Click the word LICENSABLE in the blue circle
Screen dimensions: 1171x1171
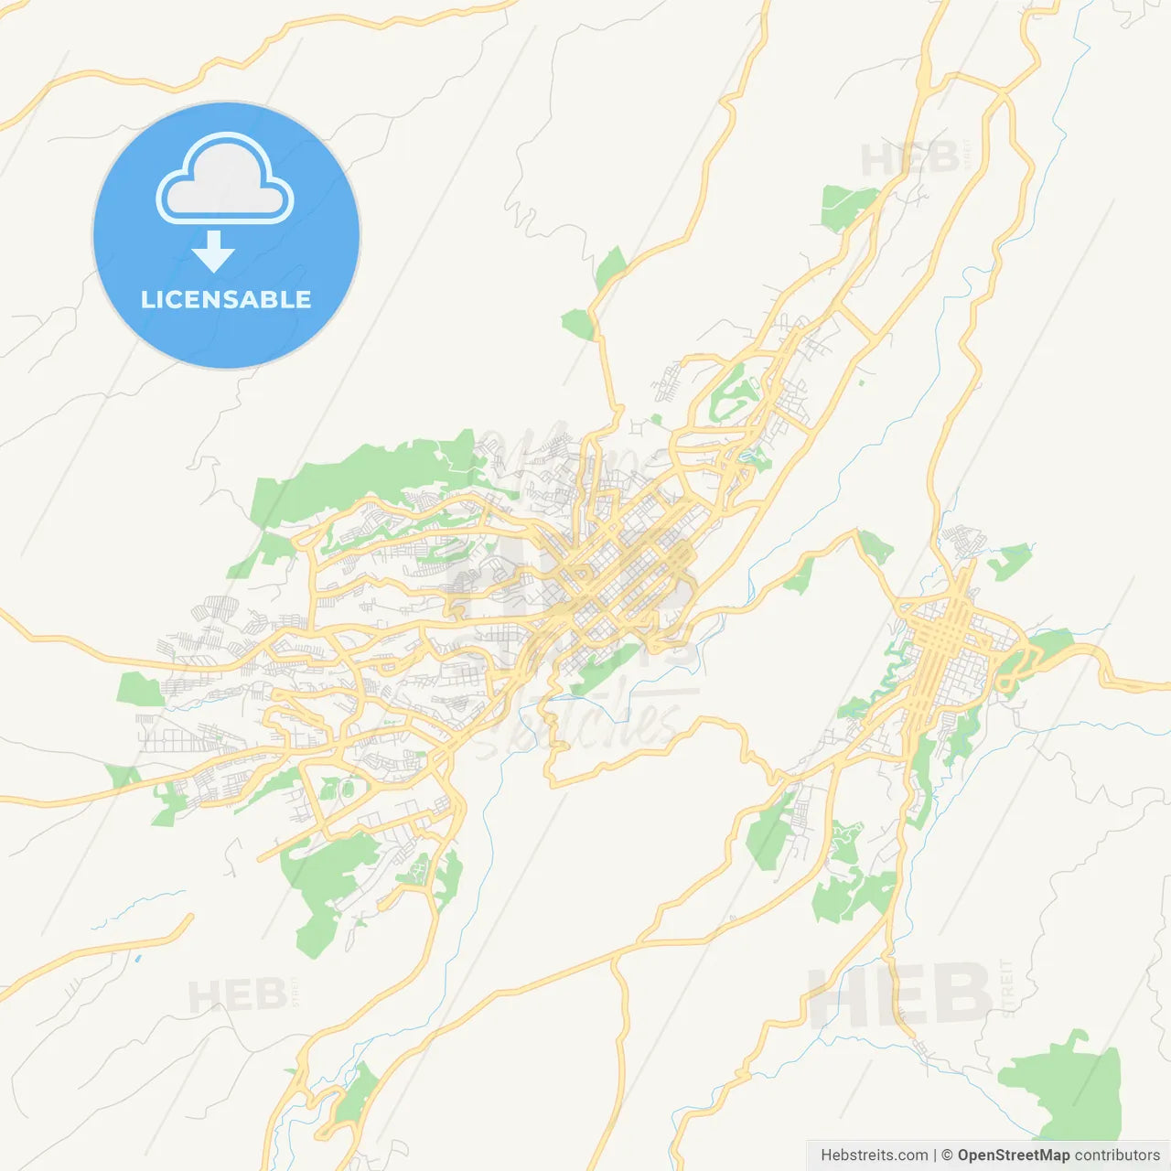(226, 300)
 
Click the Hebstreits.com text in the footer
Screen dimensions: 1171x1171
(874, 1155)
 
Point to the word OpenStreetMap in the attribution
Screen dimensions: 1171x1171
(1013, 1155)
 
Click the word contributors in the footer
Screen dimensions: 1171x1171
(1117, 1155)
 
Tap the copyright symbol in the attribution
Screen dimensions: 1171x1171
(947, 1155)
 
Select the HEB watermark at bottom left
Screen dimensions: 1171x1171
(236, 996)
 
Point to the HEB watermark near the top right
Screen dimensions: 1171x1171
(909, 160)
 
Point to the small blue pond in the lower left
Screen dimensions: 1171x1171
(137, 959)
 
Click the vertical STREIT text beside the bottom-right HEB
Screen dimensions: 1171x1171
(1007, 988)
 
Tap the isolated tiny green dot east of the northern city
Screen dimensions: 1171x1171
(861, 381)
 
